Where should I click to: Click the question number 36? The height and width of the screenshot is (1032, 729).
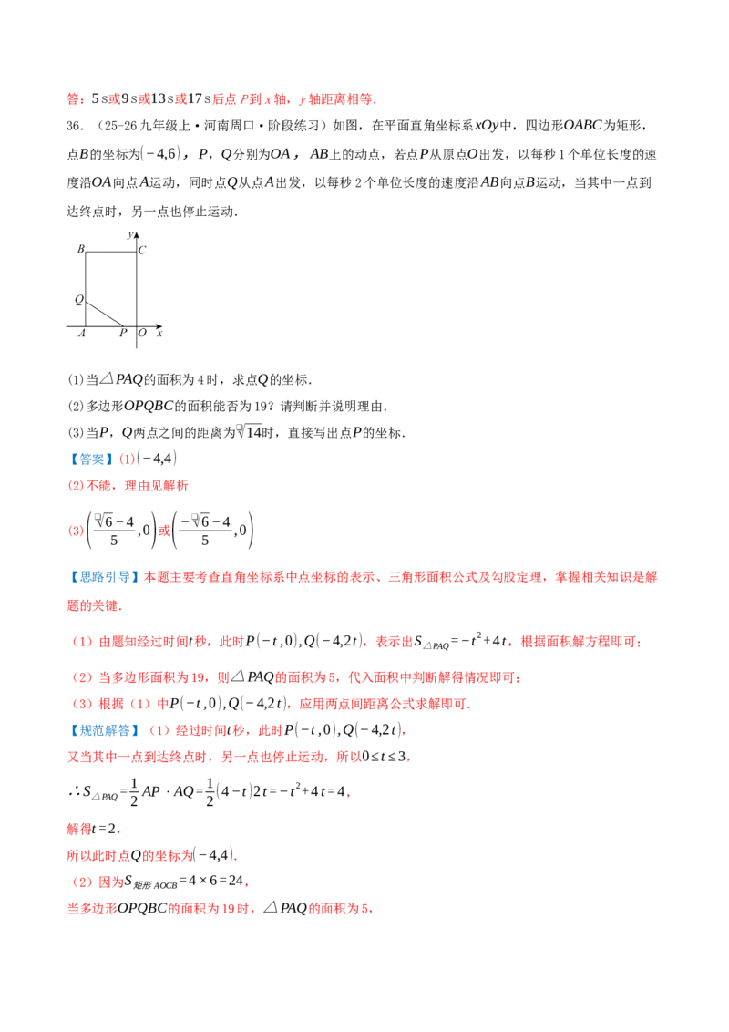(x=75, y=126)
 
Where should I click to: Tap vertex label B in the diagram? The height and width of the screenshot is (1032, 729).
(x=81, y=249)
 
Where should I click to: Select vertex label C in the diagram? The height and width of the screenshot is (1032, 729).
(x=142, y=250)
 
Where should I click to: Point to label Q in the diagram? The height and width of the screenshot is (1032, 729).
(x=79, y=300)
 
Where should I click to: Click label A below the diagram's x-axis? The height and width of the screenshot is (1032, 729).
(x=82, y=333)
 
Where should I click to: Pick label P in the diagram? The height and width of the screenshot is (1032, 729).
(x=122, y=333)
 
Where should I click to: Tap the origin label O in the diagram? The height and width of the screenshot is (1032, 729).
(x=142, y=333)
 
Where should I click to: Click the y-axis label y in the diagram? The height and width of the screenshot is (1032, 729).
(x=130, y=234)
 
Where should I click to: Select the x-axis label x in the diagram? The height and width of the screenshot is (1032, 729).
(x=159, y=334)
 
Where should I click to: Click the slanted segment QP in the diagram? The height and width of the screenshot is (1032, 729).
(x=105, y=314)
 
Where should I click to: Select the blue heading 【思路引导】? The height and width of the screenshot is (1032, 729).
(x=104, y=577)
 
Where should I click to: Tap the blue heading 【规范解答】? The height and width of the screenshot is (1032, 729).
(x=104, y=730)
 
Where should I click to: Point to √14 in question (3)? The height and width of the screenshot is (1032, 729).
(x=250, y=432)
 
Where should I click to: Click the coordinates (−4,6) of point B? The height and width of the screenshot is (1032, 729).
(x=159, y=154)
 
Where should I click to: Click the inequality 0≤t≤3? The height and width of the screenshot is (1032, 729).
(x=384, y=757)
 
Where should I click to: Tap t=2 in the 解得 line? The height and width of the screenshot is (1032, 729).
(x=105, y=828)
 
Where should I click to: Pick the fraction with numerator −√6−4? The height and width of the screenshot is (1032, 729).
(x=205, y=531)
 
